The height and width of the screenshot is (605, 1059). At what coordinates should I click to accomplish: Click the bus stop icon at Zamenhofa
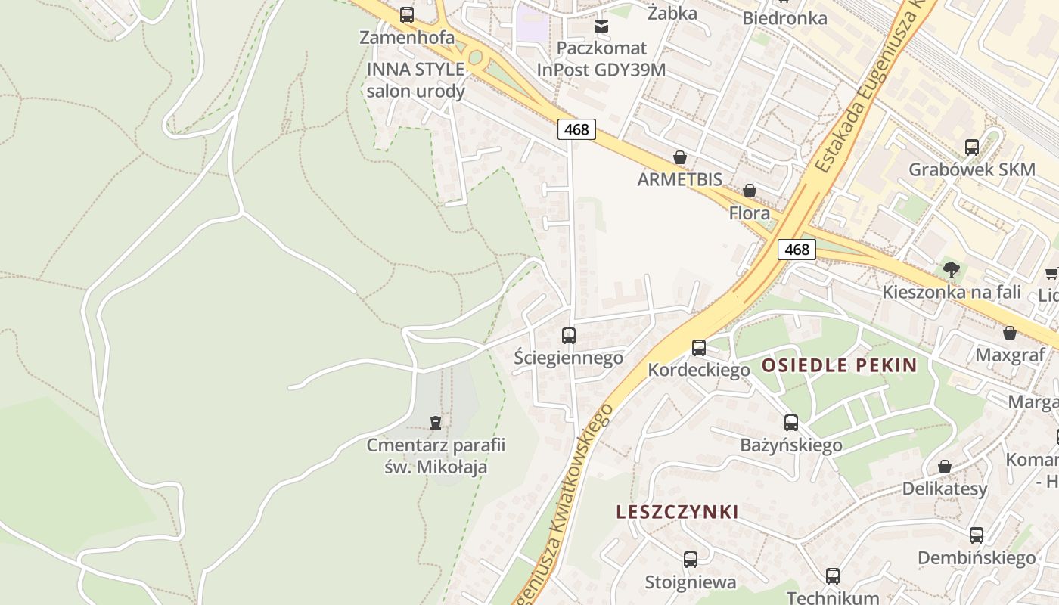pyautogui.click(x=407, y=14)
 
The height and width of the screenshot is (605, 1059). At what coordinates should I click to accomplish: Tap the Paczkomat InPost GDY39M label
pyautogui.click(x=601, y=59)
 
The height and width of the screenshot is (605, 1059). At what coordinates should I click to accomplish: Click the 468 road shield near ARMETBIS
pyautogui.click(x=576, y=129)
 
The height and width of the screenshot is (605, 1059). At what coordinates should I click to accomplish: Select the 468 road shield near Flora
pyautogui.click(x=797, y=250)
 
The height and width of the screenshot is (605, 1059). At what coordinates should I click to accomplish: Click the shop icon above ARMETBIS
pyautogui.click(x=680, y=157)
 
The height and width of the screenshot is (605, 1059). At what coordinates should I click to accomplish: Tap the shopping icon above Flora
pyautogui.click(x=749, y=191)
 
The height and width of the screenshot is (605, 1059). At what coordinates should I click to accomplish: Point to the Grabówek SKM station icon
pyautogui.click(x=972, y=147)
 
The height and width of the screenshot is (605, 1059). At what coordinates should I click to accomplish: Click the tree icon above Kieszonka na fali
pyautogui.click(x=952, y=269)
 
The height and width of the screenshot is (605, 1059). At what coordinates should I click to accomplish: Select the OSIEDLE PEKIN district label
pyautogui.click(x=839, y=366)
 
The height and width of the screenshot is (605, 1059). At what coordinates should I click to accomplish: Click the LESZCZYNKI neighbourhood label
pyautogui.click(x=677, y=512)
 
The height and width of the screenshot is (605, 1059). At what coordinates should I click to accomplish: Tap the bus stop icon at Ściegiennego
pyautogui.click(x=569, y=335)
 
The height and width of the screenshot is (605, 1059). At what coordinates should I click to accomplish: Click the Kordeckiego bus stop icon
pyautogui.click(x=699, y=348)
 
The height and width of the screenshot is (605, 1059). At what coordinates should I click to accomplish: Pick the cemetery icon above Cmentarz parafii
pyautogui.click(x=435, y=422)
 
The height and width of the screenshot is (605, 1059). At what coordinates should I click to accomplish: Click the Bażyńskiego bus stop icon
pyautogui.click(x=791, y=423)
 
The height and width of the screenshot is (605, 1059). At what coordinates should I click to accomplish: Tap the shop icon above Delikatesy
pyautogui.click(x=944, y=467)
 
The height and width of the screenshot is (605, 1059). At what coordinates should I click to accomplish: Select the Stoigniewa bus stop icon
pyautogui.click(x=691, y=560)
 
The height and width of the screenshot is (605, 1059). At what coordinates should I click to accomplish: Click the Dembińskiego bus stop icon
pyautogui.click(x=977, y=535)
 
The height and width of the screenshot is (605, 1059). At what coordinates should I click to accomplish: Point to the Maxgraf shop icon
pyautogui.click(x=1009, y=333)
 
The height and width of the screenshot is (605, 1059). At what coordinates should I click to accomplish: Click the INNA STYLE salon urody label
pyautogui.click(x=415, y=80)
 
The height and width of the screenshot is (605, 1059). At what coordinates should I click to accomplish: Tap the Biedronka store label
pyautogui.click(x=784, y=18)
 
